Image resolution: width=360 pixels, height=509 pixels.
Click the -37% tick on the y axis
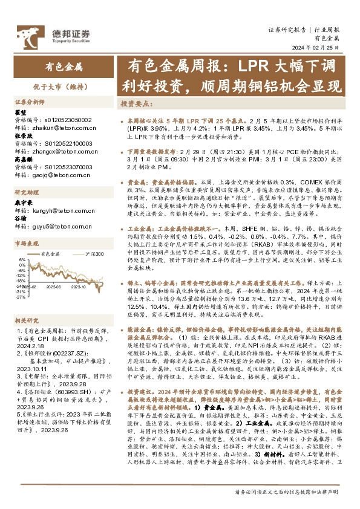[x=20, y=297]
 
